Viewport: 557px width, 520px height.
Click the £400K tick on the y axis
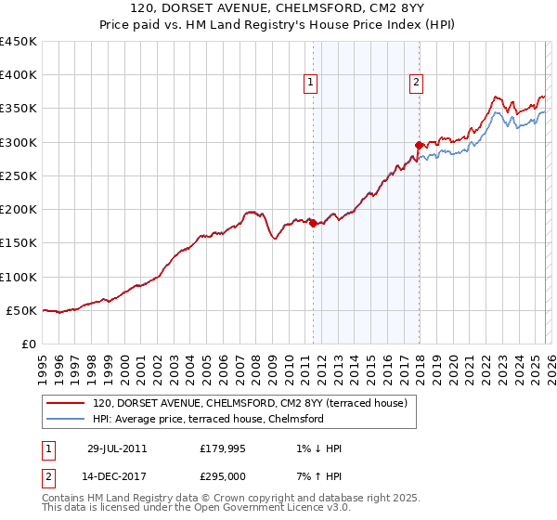click(x=19, y=75)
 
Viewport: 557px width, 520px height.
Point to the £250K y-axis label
click(x=19, y=175)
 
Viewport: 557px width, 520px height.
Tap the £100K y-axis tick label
click(x=19, y=277)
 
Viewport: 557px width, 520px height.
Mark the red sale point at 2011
click(x=314, y=223)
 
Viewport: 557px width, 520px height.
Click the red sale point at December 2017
click(x=419, y=145)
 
